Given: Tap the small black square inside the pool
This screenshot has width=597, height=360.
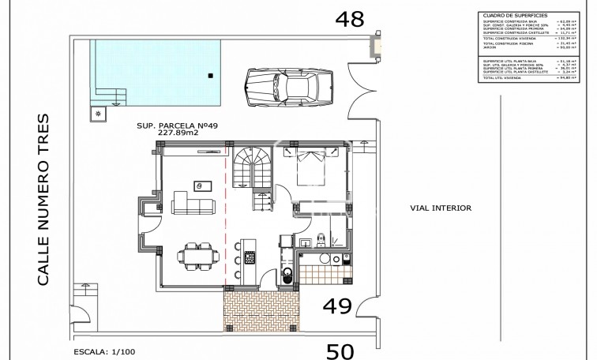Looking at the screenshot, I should pos(211,76).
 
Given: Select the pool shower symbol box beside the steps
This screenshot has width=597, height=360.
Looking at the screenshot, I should pos(98,113).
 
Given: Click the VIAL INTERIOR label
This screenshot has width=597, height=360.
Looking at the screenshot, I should pos(441,209).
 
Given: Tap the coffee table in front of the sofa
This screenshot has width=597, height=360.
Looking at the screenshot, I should pos(202,186).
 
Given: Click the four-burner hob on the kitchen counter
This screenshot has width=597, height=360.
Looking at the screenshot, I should pos(250,257).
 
